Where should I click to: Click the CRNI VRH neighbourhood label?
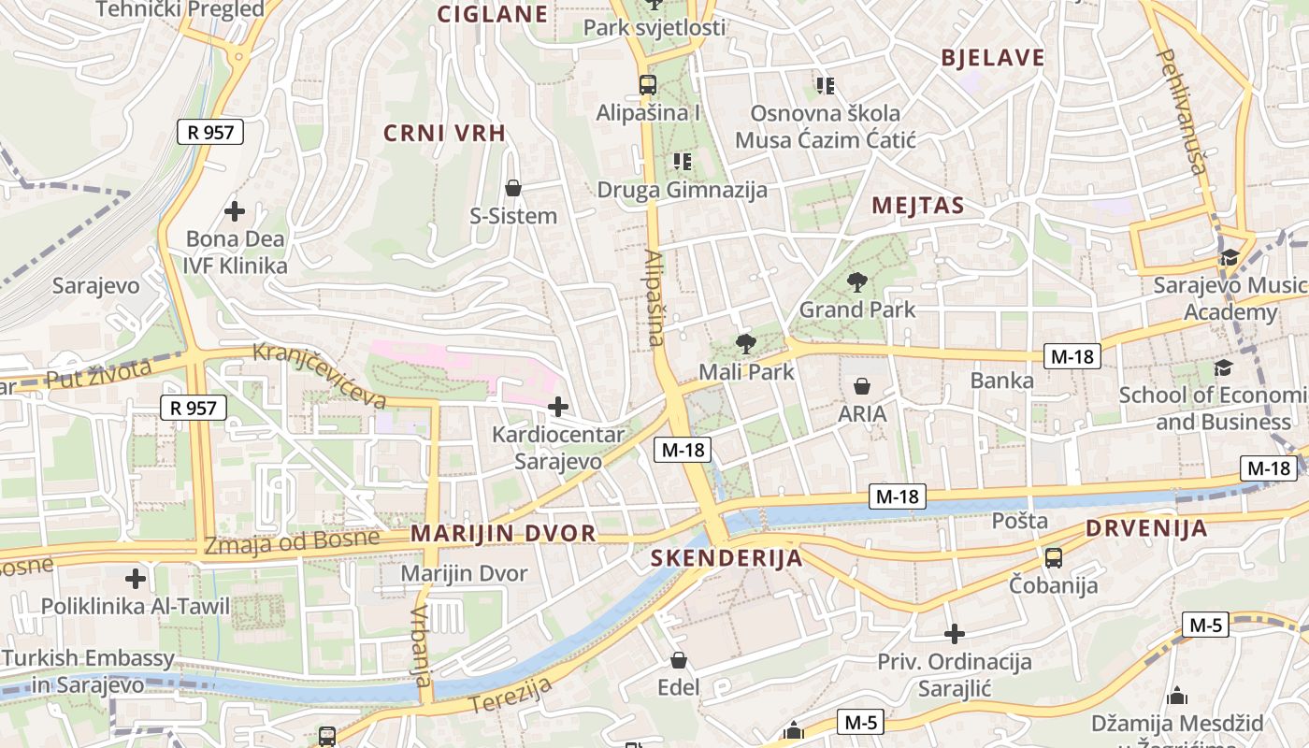tap(445, 133)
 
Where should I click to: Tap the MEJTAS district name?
tap(917, 206)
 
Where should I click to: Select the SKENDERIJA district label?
tap(726, 558)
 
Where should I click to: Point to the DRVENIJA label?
tap(1146, 528)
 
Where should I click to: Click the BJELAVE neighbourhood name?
tap(992, 58)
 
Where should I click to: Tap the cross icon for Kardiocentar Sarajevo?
tap(558, 407)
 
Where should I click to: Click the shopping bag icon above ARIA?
tap(862, 385)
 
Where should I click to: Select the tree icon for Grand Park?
tap(856, 281)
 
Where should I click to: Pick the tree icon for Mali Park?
tap(745, 343)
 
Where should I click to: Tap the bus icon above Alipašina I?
tap(647, 85)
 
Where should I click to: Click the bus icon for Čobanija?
tap(1054, 558)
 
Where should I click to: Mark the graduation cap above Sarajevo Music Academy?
tap(1229, 257)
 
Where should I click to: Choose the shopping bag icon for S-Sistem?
tap(512, 188)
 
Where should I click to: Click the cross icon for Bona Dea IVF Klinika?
tap(235, 210)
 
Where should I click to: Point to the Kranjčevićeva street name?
tap(321, 377)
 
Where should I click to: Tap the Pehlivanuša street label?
tap(1183, 111)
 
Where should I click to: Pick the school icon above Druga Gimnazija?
tap(682, 162)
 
